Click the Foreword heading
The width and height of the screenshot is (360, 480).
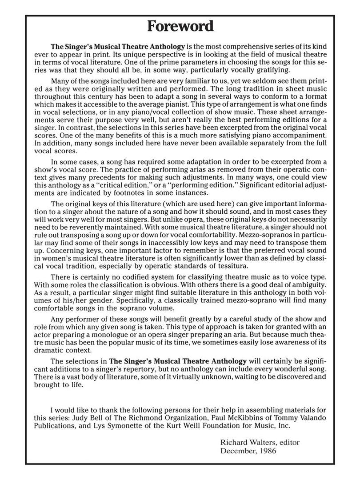(x=180, y=27)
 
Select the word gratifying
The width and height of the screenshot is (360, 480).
(x=272, y=70)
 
